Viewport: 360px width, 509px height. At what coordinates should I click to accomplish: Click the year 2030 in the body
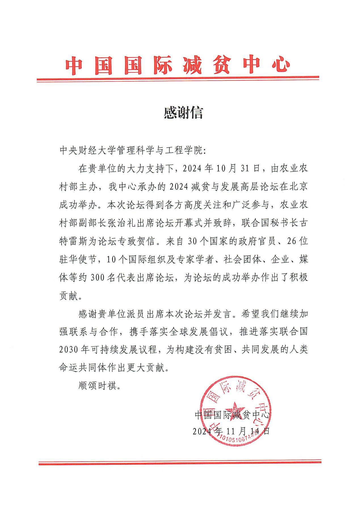68,350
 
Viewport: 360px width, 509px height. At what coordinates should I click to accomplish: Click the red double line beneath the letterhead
178,79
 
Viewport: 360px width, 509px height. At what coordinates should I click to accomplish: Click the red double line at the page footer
180,463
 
